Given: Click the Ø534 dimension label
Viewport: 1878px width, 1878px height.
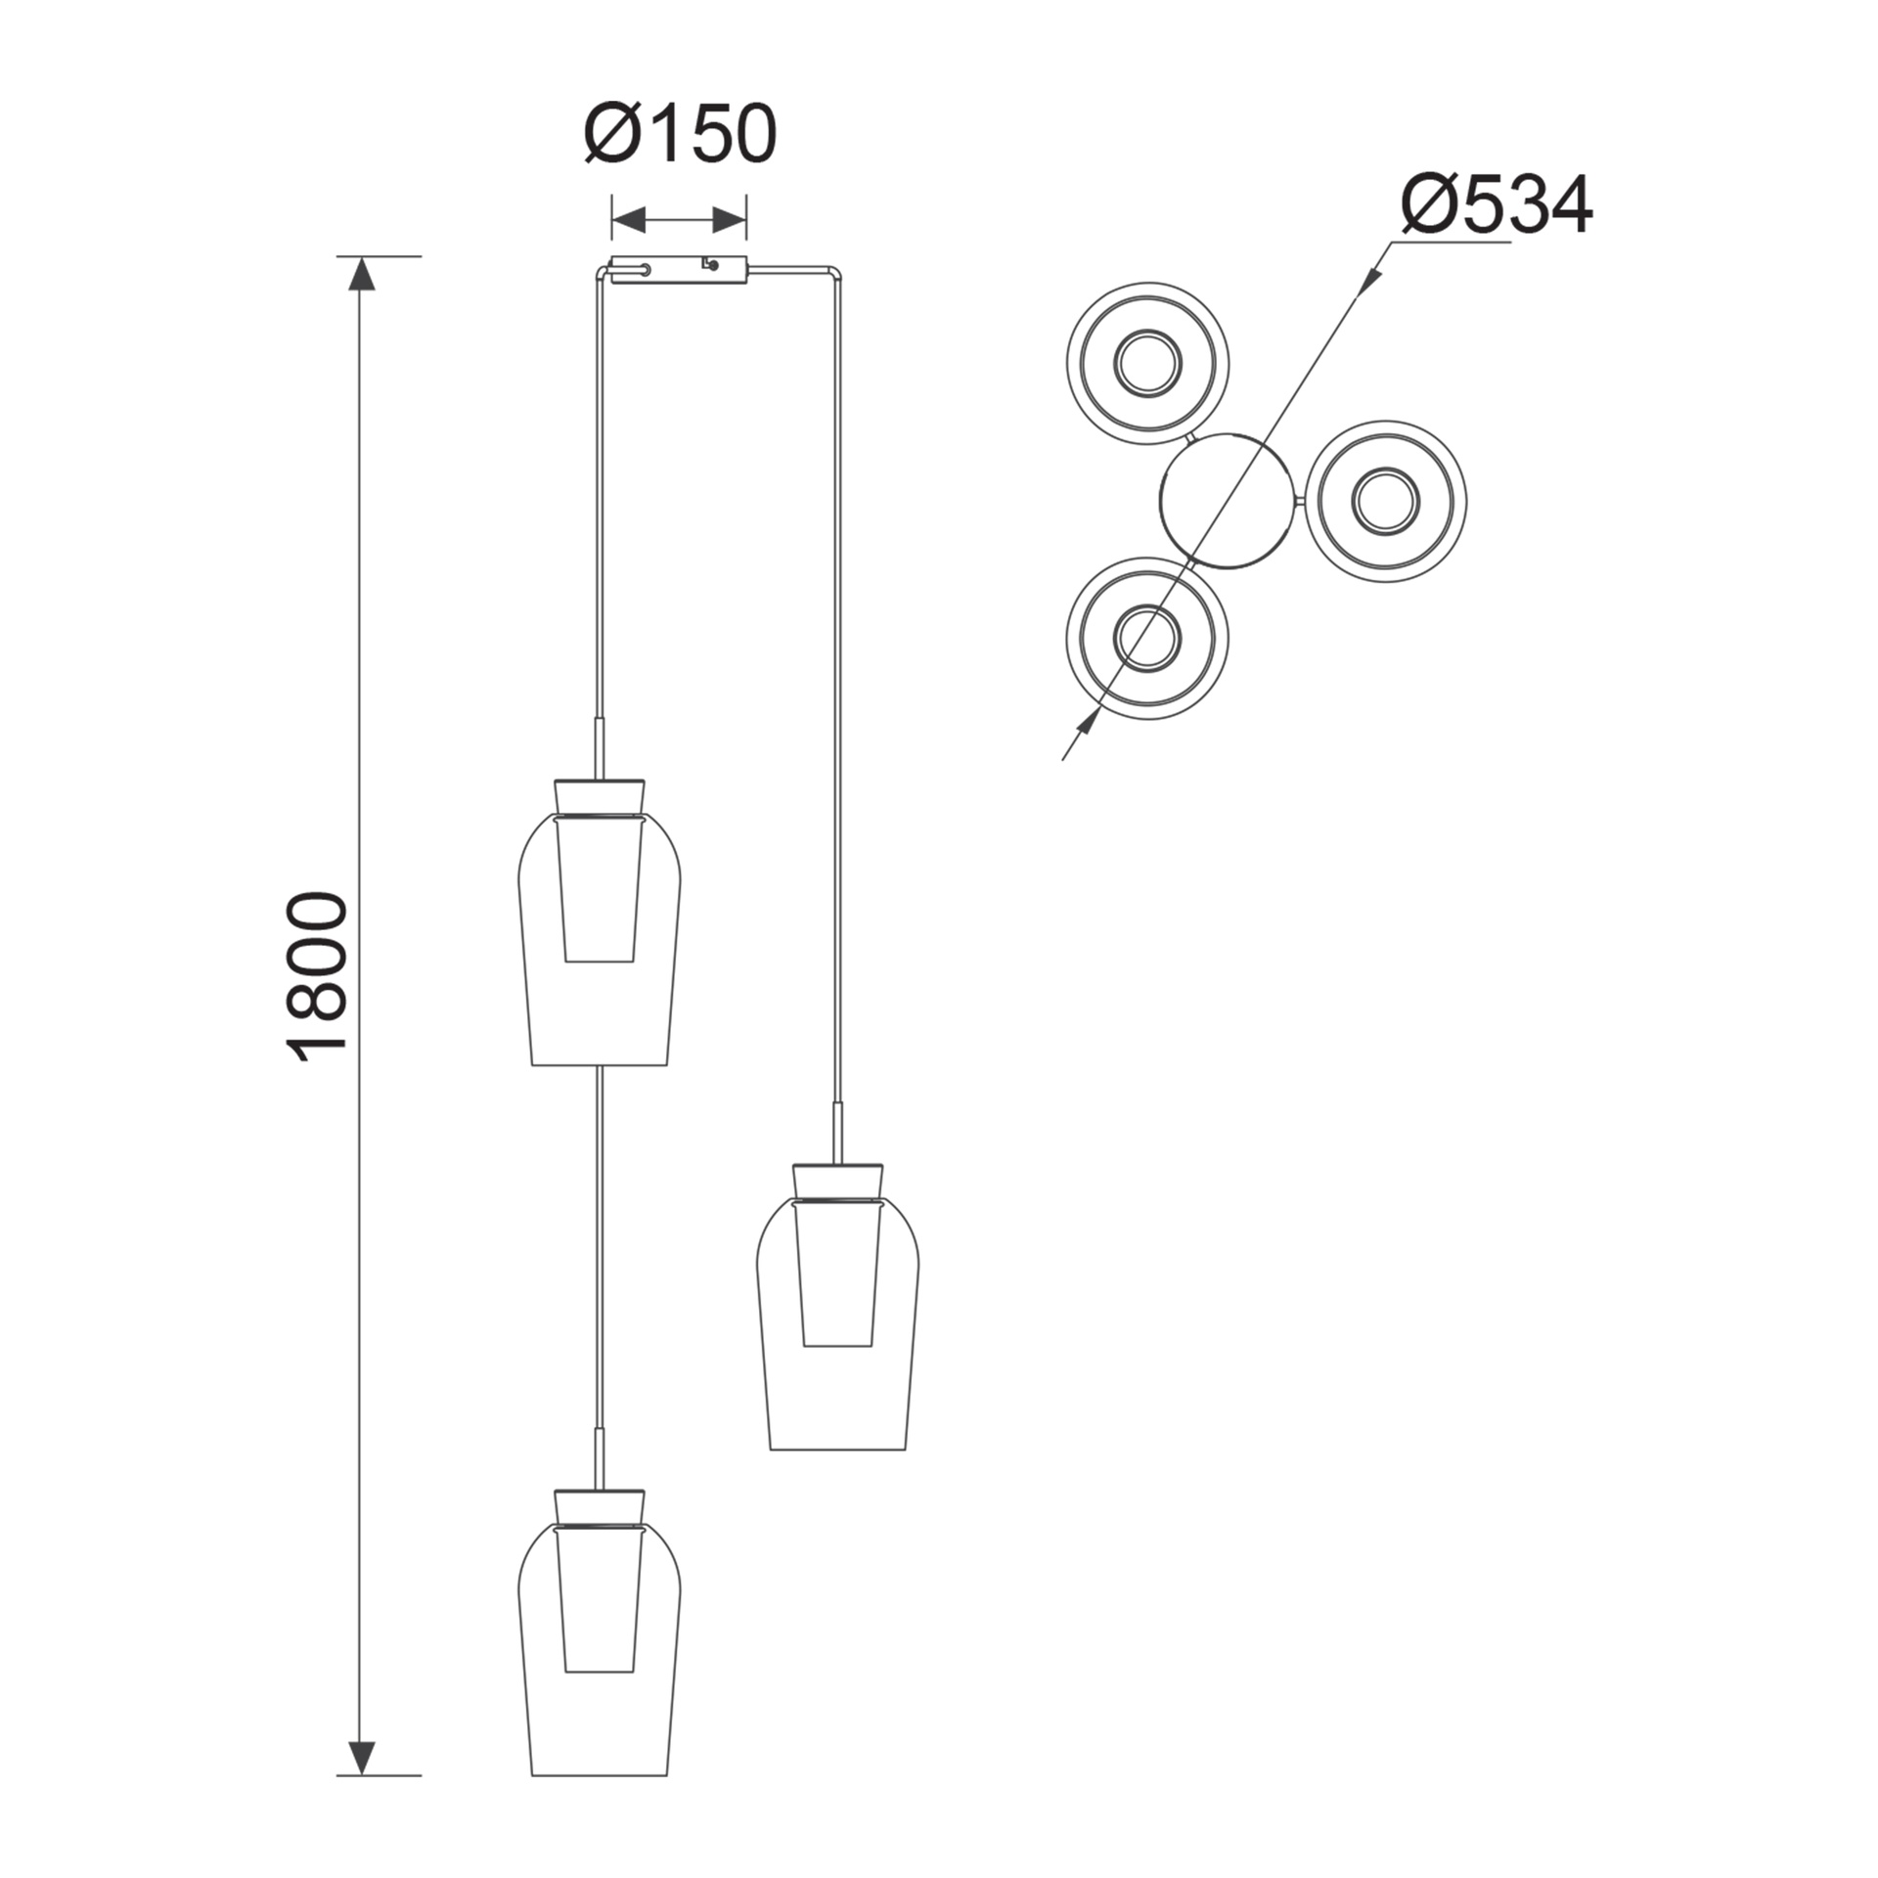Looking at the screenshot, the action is [1497, 204].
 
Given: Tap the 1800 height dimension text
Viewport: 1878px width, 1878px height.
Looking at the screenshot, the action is [317, 975].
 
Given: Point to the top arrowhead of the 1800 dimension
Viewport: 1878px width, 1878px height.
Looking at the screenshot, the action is [362, 273].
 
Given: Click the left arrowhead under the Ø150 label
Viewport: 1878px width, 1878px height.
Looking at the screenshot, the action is [629, 220].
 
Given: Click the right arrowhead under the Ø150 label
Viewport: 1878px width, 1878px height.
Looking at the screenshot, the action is [730, 220].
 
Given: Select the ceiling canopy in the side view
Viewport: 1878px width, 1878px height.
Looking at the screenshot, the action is [679, 270].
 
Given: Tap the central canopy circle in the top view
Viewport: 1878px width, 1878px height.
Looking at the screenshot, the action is [1230, 502].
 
